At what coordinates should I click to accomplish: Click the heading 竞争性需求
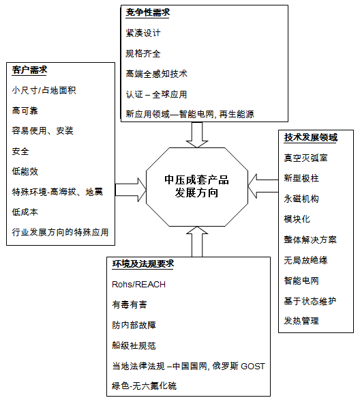148,12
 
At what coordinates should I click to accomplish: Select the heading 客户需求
29,70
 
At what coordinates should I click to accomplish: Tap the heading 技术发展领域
311,137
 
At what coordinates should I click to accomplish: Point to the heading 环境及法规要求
143,263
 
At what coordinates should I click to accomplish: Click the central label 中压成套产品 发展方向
196,186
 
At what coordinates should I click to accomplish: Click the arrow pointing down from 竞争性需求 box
197,134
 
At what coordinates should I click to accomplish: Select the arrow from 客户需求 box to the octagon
131,190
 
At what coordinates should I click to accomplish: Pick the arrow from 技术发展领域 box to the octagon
263,186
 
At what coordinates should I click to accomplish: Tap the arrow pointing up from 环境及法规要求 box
197,242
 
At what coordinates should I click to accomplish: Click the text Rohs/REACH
139,285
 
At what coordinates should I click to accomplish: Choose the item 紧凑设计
143,33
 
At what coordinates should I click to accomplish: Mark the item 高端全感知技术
156,74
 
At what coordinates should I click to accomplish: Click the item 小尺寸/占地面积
44,90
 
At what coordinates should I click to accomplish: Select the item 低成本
25,212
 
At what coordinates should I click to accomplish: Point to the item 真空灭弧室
305,158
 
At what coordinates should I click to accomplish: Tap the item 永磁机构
301,199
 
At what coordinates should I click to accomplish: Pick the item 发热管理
301,321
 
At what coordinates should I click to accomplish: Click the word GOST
253,367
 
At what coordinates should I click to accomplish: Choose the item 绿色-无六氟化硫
144,386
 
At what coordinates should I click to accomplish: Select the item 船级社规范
134,345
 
